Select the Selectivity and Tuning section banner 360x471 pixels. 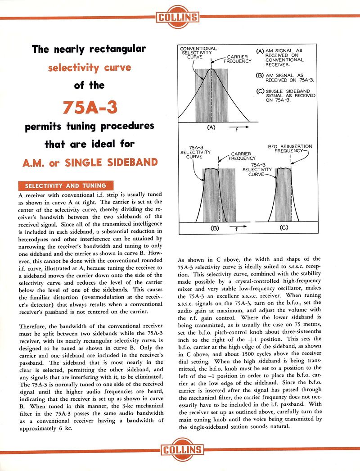65,186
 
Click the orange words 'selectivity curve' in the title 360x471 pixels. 90,68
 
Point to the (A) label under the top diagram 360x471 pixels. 211,127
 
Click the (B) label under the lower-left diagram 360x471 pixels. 215,228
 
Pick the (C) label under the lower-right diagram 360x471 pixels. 283,228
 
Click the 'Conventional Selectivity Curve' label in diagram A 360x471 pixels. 198,53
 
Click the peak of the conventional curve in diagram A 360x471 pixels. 211,69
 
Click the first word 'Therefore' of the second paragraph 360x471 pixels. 34,326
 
